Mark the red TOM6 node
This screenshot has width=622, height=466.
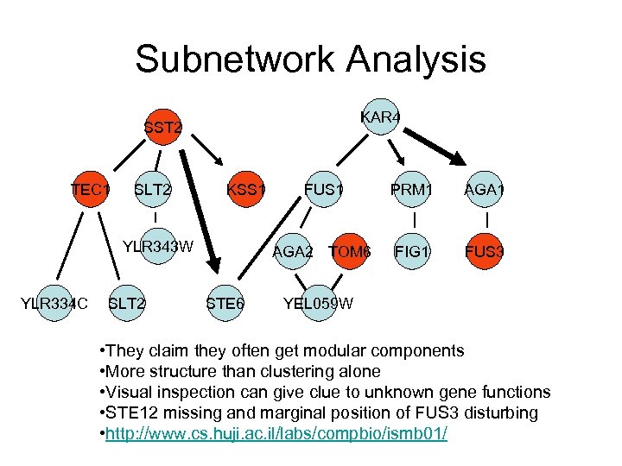coord(351,253)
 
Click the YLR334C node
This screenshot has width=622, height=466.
coord(54,303)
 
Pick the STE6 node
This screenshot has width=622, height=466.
coord(225,303)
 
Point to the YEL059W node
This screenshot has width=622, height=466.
coord(318,303)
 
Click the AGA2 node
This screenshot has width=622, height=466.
coord(292,253)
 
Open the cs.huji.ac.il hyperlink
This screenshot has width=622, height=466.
coord(277,432)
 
